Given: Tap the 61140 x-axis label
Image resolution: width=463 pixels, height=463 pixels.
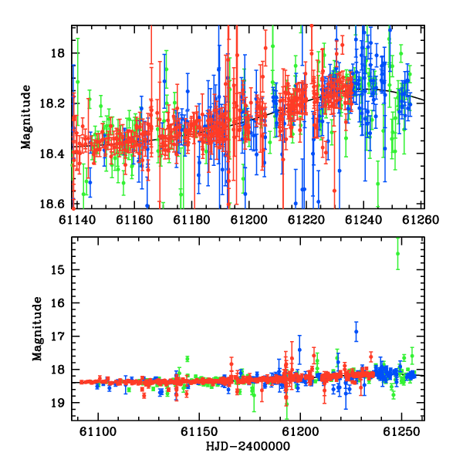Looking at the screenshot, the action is (x=77, y=220).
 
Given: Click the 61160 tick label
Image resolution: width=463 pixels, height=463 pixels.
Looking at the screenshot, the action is (x=134, y=220).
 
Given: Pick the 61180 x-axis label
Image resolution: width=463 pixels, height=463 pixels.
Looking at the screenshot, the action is (x=191, y=220).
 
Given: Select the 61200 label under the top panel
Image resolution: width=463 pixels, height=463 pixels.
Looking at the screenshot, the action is (x=249, y=220).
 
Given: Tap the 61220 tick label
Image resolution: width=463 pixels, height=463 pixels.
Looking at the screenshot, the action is (x=306, y=220).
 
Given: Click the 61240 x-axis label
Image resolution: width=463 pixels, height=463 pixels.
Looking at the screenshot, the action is (x=363, y=220).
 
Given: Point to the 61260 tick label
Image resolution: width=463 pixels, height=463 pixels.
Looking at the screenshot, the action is (x=421, y=220).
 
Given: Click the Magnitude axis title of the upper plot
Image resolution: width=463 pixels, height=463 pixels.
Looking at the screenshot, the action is (x=25, y=117).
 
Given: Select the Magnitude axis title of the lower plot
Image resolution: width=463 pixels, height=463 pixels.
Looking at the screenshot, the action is (x=37, y=329).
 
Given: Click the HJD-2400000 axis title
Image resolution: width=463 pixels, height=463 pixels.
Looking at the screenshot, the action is (x=248, y=446).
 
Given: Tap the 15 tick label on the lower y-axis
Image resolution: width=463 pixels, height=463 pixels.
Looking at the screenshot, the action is (x=58, y=270).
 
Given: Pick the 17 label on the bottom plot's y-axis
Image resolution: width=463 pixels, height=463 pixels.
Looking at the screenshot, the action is (x=58, y=336).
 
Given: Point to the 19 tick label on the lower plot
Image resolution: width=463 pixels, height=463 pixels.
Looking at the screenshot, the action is (x=58, y=403).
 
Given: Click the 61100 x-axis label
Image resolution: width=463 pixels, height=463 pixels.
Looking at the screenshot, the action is (x=98, y=432).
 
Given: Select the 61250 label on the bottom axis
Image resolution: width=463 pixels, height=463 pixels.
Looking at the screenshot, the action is (x=401, y=432).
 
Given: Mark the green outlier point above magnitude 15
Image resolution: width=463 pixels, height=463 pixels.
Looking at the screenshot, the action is (x=397, y=254).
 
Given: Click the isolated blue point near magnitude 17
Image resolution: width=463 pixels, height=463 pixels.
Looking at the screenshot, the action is (x=356, y=332).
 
